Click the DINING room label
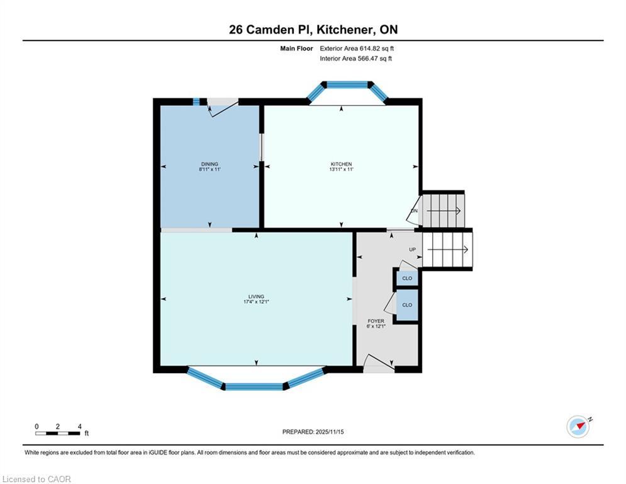pos(210,164)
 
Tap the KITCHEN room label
pos(342,164)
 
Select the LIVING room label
pos(256,297)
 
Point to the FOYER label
pos(376,321)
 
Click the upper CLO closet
pos(407,279)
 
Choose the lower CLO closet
pos(407,305)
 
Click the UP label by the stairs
pos(413,250)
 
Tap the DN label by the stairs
pos(415,210)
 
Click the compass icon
pos(578,427)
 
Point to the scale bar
pos(57,433)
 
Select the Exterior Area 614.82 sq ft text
pos(357,49)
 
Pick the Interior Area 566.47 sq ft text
pos(355,59)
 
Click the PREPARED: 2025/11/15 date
pos(313,432)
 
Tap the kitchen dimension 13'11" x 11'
pos(342,169)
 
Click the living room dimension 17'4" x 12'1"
pos(256,302)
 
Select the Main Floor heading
pos(296,49)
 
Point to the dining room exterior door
pos(223,107)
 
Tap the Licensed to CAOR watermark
pos(36,479)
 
